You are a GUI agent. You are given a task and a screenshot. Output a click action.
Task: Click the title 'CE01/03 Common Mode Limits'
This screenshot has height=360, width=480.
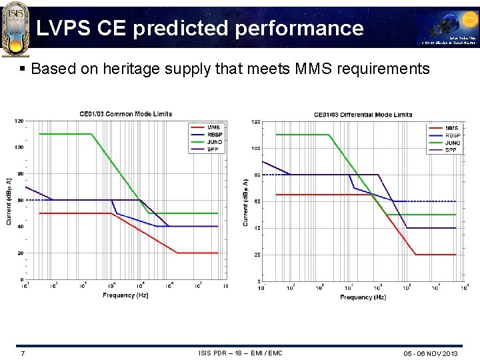click(x=125, y=114)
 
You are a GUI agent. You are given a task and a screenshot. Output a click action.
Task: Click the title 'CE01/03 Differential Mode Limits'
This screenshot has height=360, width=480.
click(x=363, y=115)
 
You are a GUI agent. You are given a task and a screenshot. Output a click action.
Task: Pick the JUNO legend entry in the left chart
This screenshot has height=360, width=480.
click(x=213, y=142)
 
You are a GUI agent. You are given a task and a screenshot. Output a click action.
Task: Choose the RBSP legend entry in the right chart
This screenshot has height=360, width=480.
click(x=452, y=135)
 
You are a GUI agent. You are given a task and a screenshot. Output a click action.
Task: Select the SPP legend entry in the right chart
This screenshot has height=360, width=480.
click(x=451, y=150)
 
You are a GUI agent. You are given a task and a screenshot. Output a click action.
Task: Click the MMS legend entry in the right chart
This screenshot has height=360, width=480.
click(x=451, y=128)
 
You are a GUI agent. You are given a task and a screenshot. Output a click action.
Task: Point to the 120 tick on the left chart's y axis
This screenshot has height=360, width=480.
click(x=19, y=121)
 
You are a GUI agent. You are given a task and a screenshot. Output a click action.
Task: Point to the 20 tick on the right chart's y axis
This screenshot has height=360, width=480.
click(x=256, y=255)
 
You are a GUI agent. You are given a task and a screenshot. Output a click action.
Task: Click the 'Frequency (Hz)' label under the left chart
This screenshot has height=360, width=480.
click(x=125, y=295)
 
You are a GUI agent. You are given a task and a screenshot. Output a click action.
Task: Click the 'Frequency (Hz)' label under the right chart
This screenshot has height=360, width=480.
click(x=363, y=297)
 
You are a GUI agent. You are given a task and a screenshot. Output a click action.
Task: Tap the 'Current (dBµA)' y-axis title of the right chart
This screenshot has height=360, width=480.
click(x=246, y=201)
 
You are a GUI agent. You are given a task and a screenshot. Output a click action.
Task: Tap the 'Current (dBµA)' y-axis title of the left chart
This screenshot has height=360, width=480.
click(x=9, y=201)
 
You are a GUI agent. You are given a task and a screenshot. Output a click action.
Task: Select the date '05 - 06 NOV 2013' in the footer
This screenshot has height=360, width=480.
click(x=431, y=353)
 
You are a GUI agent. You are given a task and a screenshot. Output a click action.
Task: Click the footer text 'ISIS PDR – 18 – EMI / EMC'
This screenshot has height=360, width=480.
click(x=240, y=353)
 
